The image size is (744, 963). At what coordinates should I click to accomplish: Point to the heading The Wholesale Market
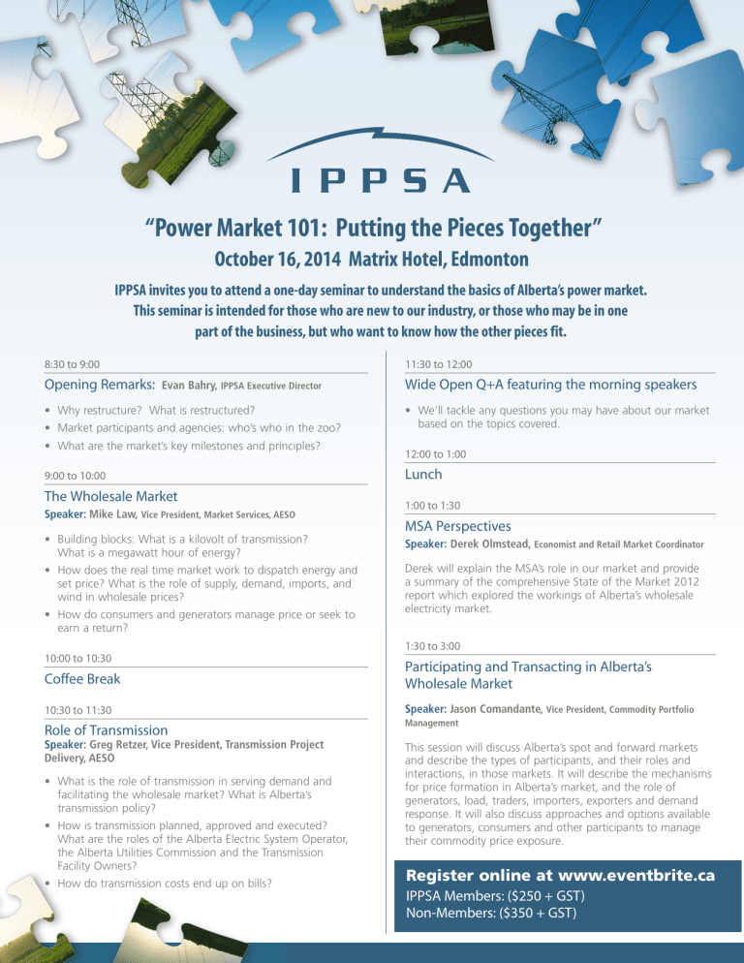(x=112, y=496)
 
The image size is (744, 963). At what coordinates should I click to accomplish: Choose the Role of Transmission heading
(x=107, y=730)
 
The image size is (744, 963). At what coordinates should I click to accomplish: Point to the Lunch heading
(x=424, y=474)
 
